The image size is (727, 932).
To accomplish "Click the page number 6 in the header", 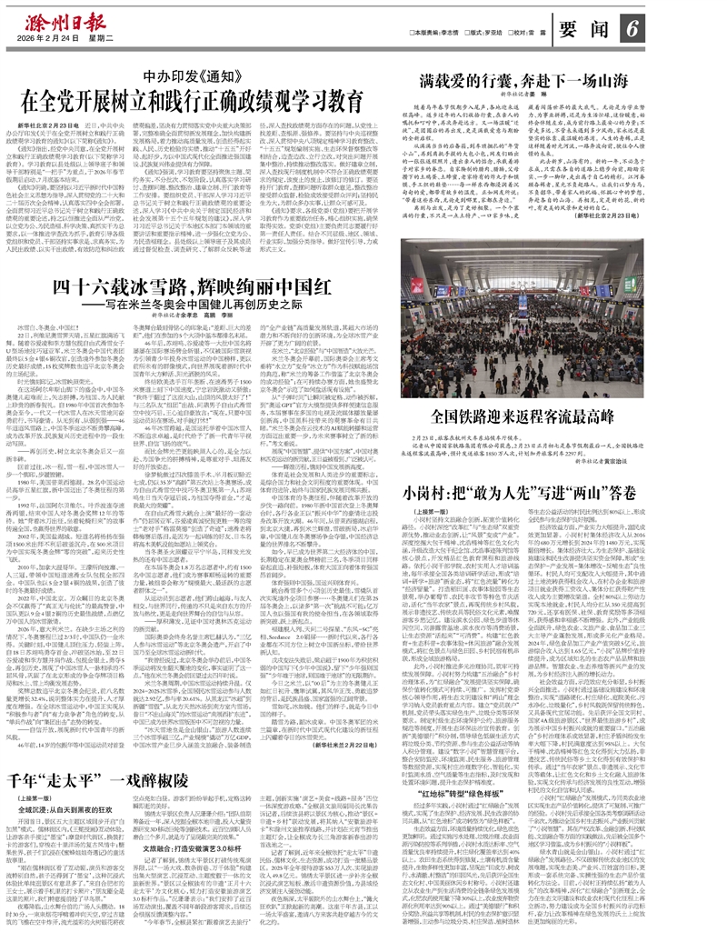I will point(629,27).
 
